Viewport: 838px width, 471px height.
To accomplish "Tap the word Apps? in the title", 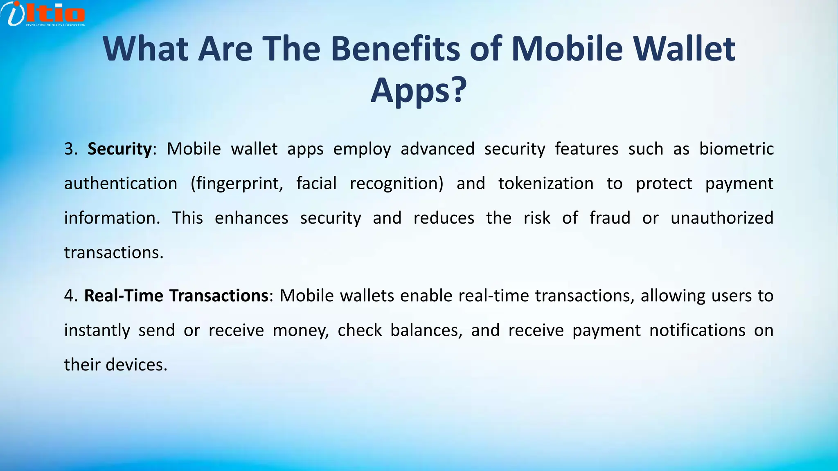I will tap(419, 90).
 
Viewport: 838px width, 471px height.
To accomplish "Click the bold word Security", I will tap(119, 149).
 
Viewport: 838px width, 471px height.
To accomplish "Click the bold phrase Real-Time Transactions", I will tap(176, 296).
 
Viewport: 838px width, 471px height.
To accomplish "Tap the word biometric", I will tap(736, 149).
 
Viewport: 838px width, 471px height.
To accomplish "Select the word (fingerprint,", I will tap(237, 184).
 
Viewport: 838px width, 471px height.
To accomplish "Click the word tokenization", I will tap(545, 184).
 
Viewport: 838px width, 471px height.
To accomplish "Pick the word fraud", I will tap(610, 218).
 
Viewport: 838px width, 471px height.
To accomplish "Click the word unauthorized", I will tap(722, 218).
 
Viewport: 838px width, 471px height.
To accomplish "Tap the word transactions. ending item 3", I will tap(114, 253).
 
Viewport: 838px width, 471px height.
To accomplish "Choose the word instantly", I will tap(97, 330).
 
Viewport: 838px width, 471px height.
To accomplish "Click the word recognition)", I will tap(396, 184).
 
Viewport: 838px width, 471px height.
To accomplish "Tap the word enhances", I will tap(251, 218).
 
